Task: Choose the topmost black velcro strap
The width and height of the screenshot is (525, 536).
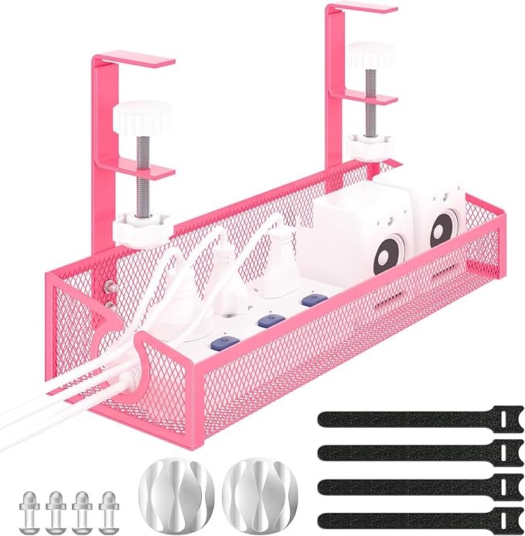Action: click(x=409, y=418)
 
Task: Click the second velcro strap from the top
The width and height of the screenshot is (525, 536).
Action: click(x=409, y=451)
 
